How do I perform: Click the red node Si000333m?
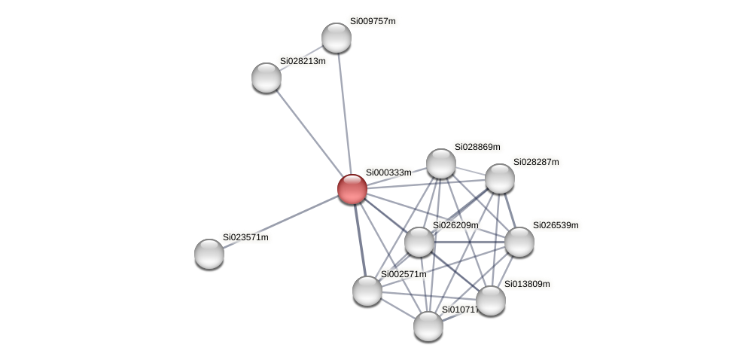pyautogui.click(x=352, y=189)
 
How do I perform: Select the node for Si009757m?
pyautogui.click(x=336, y=38)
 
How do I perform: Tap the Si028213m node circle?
pyautogui.click(x=266, y=78)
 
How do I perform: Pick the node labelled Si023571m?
pyautogui.click(x=209, y=253)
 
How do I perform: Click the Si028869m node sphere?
pyautogui.click(x=440, y=163)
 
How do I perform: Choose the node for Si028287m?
pyautogui.click(x=499, y=178)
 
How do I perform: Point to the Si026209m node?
pyautogui.click(x=419, y=242)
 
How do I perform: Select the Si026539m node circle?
pyautogui.click(x=519, y=242)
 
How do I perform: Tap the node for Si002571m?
pyautogui.click(x=367, y=291)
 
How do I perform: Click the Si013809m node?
pyautogui.click(x=491, y=301)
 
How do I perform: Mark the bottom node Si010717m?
pyautogui.click(x=428, y=326)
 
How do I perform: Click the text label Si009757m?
pyautogui.click(x=373, y=21)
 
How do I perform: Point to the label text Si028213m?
pyautogui.click(x=303, y=61)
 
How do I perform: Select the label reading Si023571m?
pyautogui.click(x=245, y=237)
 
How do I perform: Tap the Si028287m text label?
pyautogui.click(x=536, y=162)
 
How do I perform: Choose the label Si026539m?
pyautogui.click(x=556, y=225)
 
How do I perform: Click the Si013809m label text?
pyautogui.click(x=527, y=284)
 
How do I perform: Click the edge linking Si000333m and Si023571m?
pyautogui.click(x=280, y=221)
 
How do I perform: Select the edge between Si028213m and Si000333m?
pyautogui.click(x=309, y=133)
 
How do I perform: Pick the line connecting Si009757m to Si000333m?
pyautogui.click(x=343, y=113)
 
